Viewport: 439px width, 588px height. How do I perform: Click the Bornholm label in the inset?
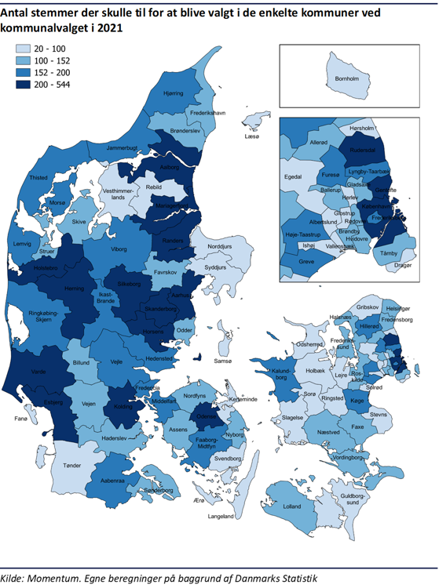tap(347, 79)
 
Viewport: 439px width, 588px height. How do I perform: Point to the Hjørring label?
tap(173, 93)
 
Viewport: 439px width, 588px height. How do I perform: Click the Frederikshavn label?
tap(208, 113)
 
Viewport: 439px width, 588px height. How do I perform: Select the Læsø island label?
tap(251, 136)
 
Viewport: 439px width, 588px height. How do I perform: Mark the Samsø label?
tap(224, 361)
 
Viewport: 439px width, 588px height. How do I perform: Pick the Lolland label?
tap(291, 506)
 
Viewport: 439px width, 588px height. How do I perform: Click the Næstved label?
tap(327, 432)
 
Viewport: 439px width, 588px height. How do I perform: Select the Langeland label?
tap(221, 517)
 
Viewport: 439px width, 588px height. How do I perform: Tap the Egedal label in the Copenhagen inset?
tap(292, 177)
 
